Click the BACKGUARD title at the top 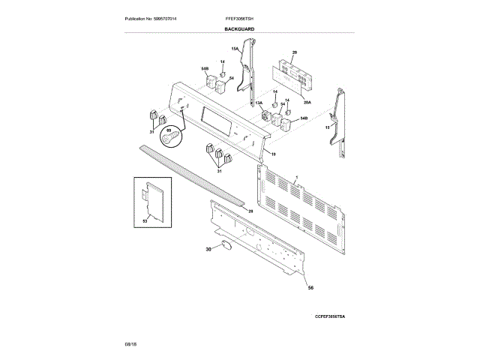[x=238, y=28]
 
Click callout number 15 [x=327, y=128]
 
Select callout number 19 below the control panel [x=274, y=154]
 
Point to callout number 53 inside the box [x=145, y=222]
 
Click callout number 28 [x=250, y=212]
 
